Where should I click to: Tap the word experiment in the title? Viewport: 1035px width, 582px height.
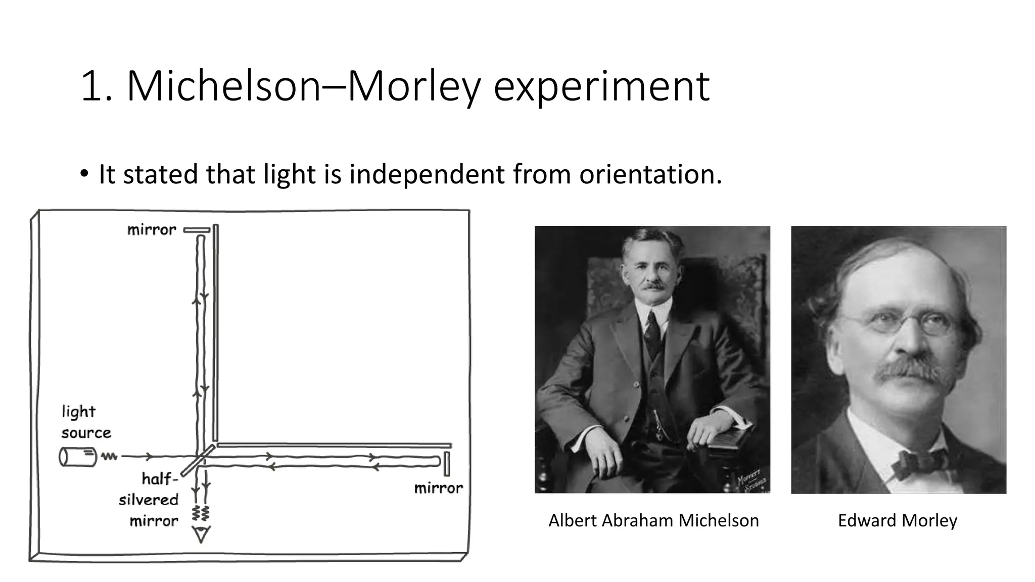601,87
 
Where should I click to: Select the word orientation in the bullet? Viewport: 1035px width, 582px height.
650,174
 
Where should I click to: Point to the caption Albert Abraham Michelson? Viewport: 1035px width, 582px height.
653,520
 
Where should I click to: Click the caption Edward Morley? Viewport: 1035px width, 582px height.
898,520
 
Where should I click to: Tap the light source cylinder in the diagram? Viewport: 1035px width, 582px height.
77,457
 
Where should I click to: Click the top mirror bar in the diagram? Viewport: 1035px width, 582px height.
197,230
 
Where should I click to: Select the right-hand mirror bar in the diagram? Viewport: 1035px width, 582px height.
447,464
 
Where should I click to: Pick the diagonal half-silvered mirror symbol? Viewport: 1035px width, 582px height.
198,460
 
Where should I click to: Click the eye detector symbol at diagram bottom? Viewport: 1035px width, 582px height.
202,535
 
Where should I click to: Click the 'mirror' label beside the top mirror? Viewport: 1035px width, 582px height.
152,230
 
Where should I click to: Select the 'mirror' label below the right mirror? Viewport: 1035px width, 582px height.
438,488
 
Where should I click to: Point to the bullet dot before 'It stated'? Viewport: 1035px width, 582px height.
84,175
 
